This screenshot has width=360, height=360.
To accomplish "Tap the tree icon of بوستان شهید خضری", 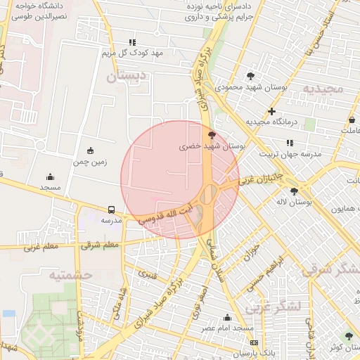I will pyautogui.click(x=212, y=134).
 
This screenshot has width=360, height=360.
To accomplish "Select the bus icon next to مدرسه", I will pyautogui.click(x=112, y=210).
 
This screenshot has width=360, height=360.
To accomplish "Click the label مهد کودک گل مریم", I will pyautogui.click(x=131, y=53).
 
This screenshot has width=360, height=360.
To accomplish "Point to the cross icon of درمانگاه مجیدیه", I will pyautogui.click(x=271, y=111).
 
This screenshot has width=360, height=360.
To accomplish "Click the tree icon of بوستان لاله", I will pyautogui.click(x=294, y=191).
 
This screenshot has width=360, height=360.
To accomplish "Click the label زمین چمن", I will pyautogui.click(x=89, y=162).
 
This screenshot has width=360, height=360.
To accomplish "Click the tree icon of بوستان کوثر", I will pyautogui.click(x=333, y=345).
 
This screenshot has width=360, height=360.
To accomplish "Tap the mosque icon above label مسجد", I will pyautogui.click(x=50, y=176).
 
